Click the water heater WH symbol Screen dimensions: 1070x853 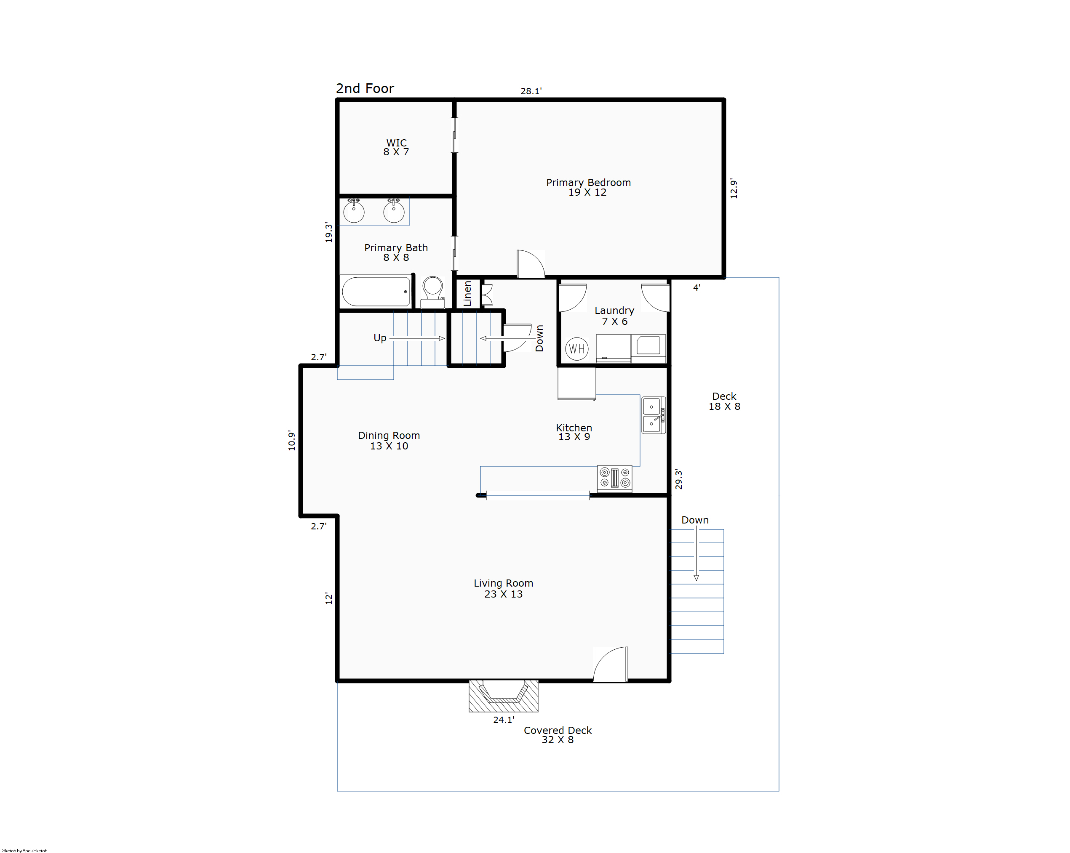click(x=577, y=348)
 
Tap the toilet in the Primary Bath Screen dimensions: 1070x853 click(x=433, y=292)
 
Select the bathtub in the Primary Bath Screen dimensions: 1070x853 click(x=376, y=292)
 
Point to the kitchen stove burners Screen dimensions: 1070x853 click(x=614, y=478)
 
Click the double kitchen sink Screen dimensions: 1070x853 click(x=653, y=415)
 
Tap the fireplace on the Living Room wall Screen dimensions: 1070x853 click(x=503, y=696)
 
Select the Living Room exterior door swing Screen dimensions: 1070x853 click(x=611, y=664)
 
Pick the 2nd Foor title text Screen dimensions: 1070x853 click(x=365, y=88)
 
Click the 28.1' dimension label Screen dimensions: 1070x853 click(x=531, y=91)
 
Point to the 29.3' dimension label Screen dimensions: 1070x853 click(x=678, y=479)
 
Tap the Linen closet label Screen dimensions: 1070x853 click(x=467, y=294)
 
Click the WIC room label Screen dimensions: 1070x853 click(x=396, y=147)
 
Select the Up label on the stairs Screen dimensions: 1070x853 click(x=380, y=338)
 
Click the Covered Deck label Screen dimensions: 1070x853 click(x=558, y=735)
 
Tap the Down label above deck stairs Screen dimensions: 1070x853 click(x=695, y=520)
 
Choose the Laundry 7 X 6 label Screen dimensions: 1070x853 click(x=614, y=316)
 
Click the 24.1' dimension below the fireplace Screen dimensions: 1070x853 click(x=504, y=720)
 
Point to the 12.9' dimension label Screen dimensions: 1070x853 click(x=734, y=189)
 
